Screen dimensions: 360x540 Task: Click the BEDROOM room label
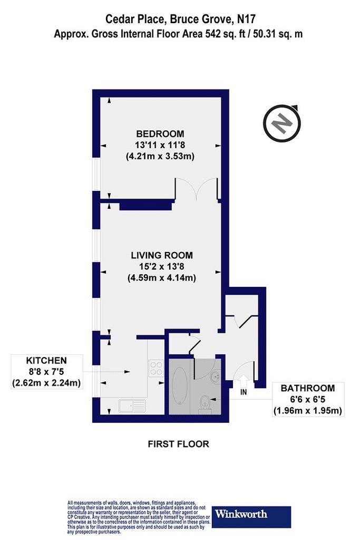160,133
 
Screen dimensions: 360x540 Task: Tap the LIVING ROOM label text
162,255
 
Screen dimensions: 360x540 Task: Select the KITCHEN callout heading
46,361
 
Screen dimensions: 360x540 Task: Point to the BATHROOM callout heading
308,388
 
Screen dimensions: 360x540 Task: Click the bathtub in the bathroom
179,385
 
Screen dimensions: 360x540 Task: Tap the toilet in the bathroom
205,404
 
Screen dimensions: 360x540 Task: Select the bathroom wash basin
216,377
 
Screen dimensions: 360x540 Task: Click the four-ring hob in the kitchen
156,368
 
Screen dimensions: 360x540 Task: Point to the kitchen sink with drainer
132,406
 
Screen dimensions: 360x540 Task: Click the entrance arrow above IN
244,381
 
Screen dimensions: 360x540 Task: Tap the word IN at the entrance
244,392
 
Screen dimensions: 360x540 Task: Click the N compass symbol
282,123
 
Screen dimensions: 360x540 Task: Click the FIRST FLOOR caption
178,444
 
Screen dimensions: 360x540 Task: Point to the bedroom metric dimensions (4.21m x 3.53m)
160,156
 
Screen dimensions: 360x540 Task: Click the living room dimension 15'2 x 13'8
162,266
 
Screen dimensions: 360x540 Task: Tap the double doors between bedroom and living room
196,189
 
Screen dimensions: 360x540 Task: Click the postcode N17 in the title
247,18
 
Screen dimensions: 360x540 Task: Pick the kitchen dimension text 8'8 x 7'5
46,372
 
